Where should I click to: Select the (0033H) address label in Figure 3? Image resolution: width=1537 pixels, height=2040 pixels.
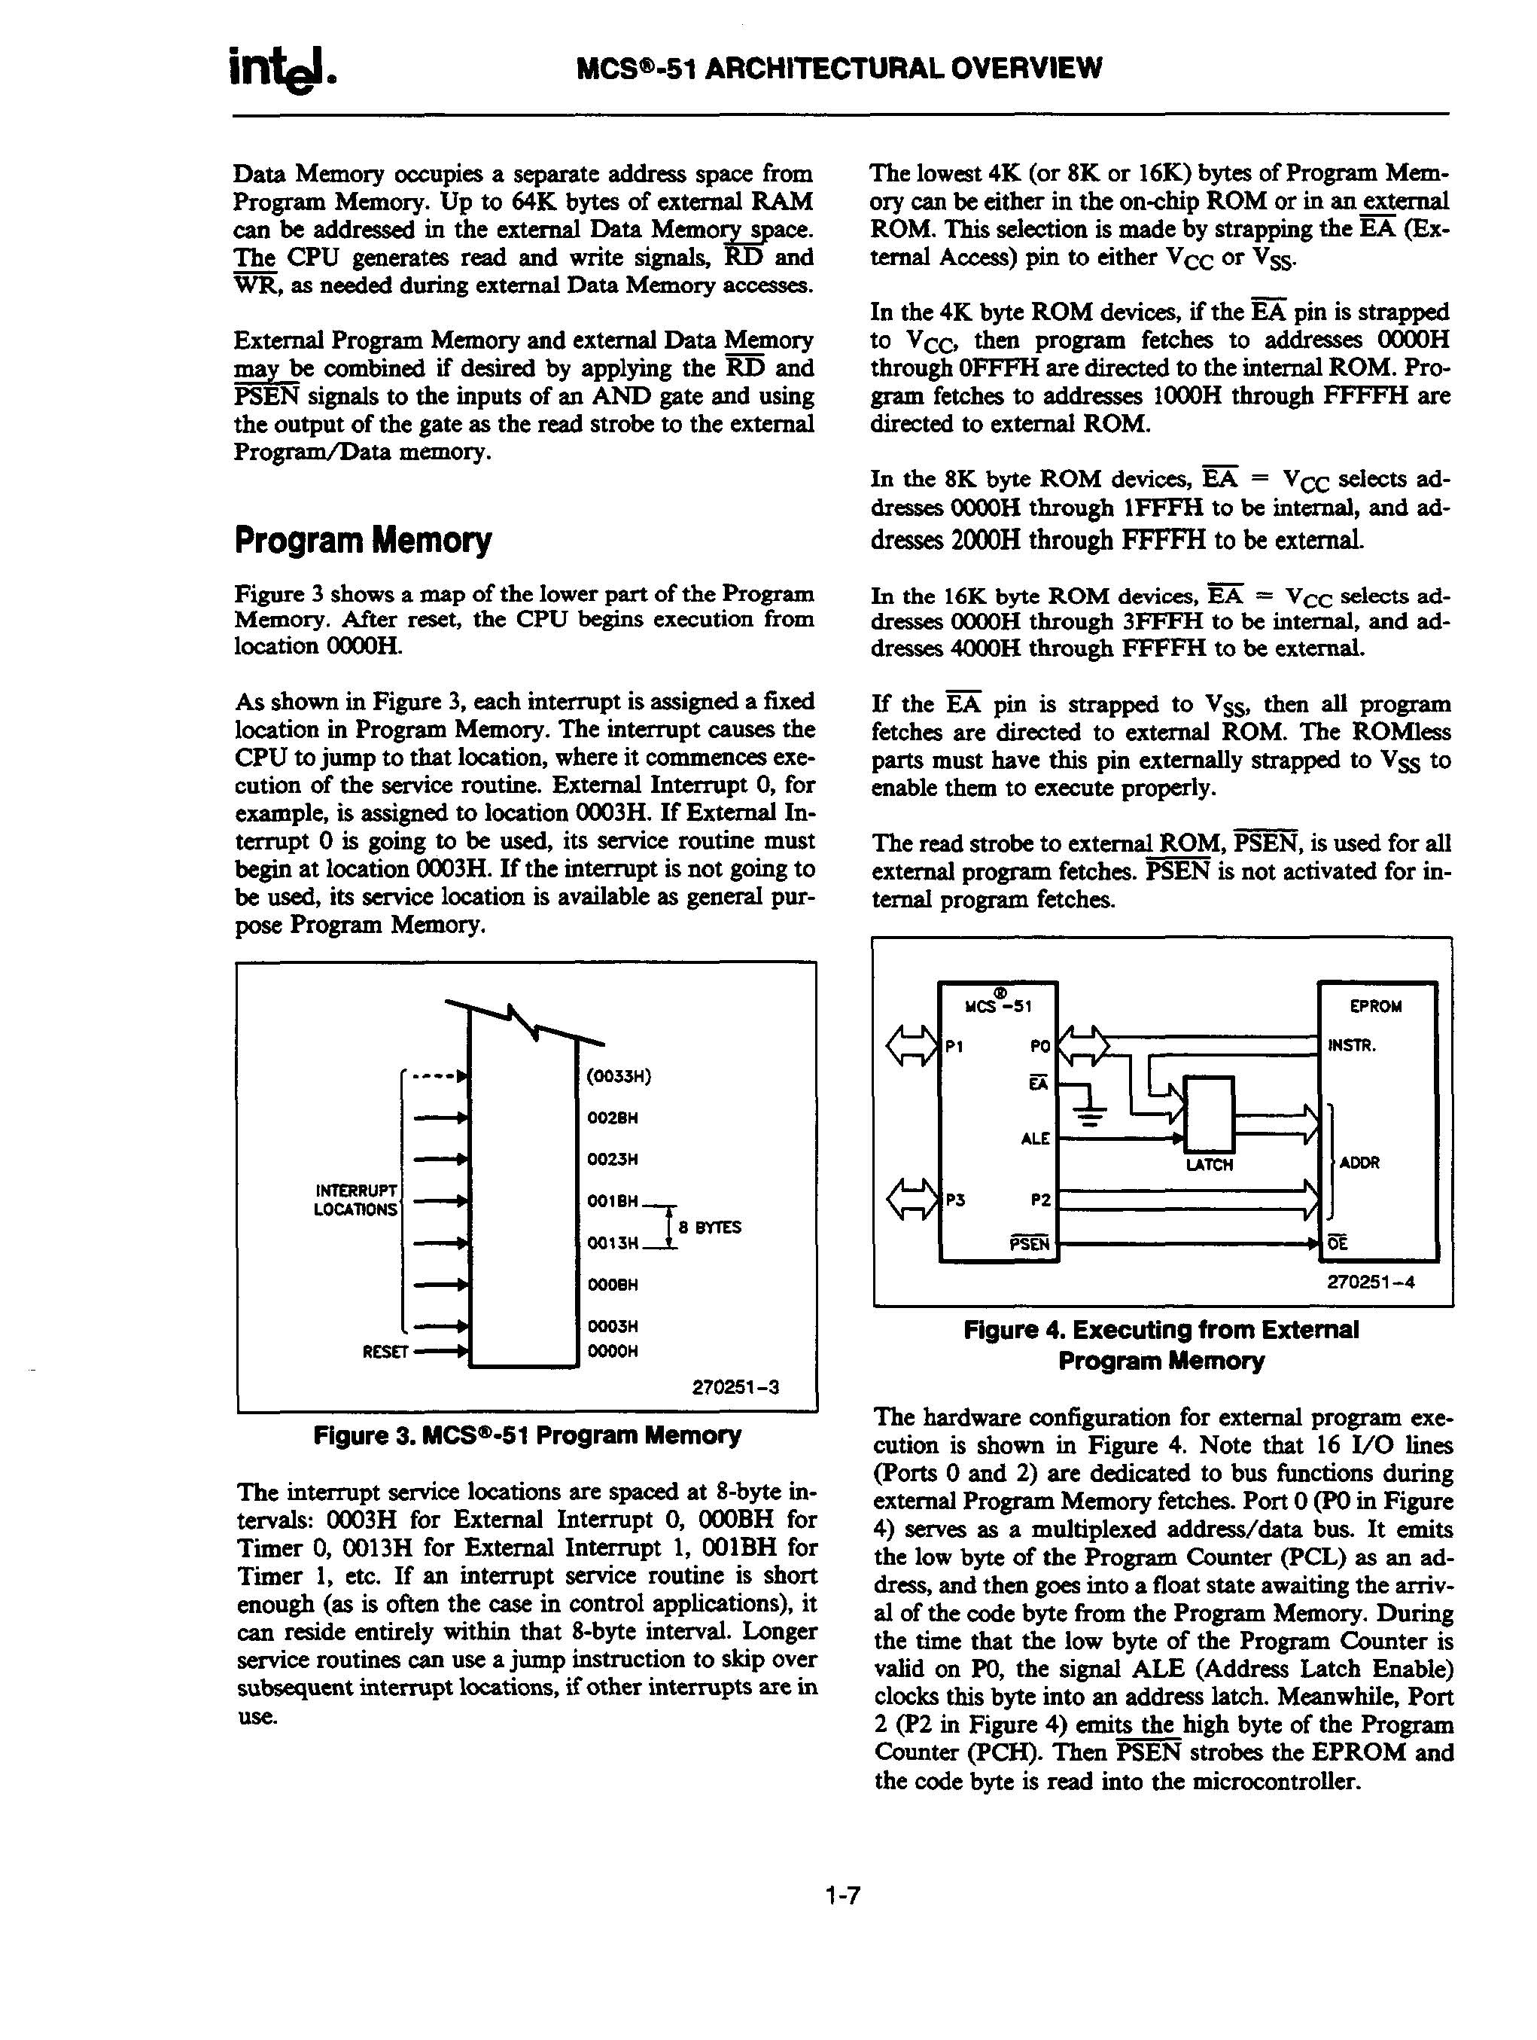[619, 1076]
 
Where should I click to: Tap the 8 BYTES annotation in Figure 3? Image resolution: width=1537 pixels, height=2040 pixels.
[709, 1227]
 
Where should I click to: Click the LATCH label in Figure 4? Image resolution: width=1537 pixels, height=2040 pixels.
[1209, 1165]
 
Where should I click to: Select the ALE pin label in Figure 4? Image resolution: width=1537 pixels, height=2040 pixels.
[1036, 1139]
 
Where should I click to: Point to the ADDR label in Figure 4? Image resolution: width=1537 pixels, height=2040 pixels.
[1359, 1163]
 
